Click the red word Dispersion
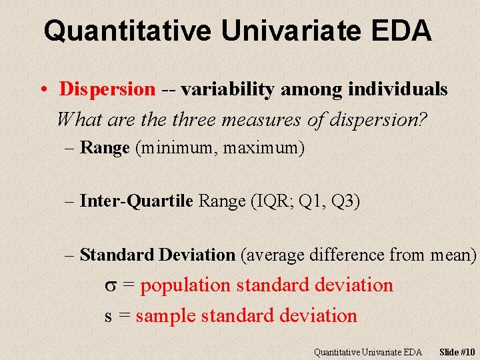(107, 89)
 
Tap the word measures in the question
(266, 120)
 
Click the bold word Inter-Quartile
(137, 201)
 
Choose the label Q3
(344, 201)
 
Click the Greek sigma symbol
(111, 286)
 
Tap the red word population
(185, 285)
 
